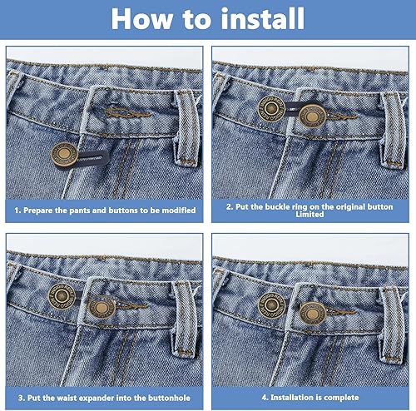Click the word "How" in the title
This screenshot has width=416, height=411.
point(142,19)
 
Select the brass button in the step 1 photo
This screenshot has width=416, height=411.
point(64,155)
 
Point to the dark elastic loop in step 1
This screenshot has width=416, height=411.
point(92,158)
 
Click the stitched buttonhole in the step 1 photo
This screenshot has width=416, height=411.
point(129,112)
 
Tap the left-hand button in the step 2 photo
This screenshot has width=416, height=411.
point(271,108)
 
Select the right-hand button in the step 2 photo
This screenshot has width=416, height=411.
point(312,116)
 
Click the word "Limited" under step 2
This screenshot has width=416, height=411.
point(310,215)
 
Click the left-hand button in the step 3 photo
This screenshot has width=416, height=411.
point(62,296)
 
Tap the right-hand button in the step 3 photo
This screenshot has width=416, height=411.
point(102,308)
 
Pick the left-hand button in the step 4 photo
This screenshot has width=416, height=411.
point(271,305)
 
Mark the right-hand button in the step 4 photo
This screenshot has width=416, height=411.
point(313,313)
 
